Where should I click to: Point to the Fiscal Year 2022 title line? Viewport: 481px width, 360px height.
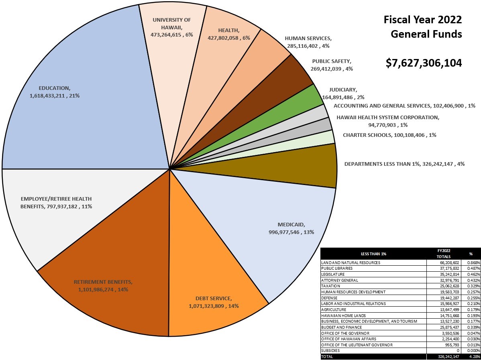tap(423, 20)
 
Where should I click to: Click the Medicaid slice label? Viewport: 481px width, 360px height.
tap(291, 228)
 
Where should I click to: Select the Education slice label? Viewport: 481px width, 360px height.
tap(55, 92)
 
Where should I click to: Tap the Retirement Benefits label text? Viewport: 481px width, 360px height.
tap(103, 285)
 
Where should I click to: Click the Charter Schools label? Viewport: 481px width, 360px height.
tap(389, 135)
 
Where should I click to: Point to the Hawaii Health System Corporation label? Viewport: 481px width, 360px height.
tap(388, 121)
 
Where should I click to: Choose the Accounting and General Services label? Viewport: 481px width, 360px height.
tap(404, 106)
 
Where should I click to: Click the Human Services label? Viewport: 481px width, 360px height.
tap(308, 42)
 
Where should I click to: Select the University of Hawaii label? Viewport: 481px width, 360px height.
tap(172, 27)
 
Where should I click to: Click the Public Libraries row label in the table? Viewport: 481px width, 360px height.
tap(337, 268)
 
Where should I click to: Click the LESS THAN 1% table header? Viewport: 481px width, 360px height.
tap(373, 254)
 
